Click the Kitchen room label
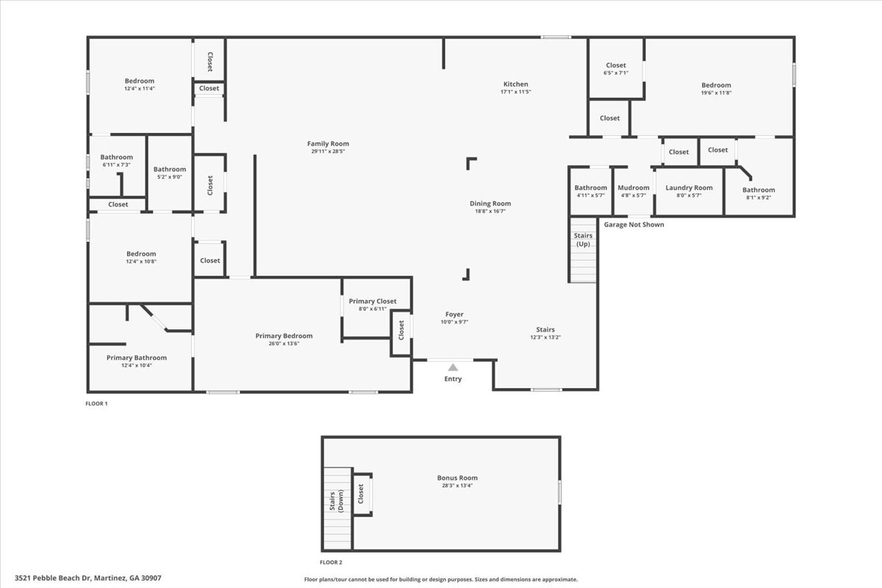515,85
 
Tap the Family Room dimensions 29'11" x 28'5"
328,151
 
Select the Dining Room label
490,204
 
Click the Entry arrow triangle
453,367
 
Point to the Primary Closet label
373,301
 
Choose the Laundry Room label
689,188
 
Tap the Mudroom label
633,188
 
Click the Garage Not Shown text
634,225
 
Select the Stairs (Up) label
583,240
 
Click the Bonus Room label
457,478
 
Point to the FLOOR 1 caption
96,404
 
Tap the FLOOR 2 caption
331,562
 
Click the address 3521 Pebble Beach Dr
87,578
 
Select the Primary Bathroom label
137,358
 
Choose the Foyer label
454,315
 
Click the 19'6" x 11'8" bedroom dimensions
716,93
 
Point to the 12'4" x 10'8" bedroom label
140,262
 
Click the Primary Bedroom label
284,336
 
